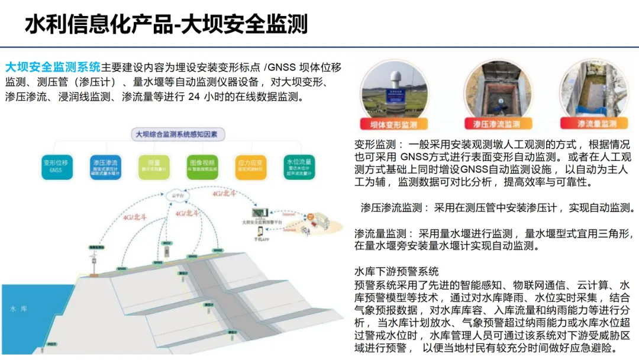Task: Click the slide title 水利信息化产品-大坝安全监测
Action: coord(166,24)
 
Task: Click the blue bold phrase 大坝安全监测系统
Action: coord(53,66)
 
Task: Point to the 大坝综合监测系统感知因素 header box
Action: coord(177,134)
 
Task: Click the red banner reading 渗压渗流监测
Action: coord(496,124)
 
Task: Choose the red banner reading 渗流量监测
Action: coord(597,124)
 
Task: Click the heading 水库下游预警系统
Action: coord(396,271)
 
